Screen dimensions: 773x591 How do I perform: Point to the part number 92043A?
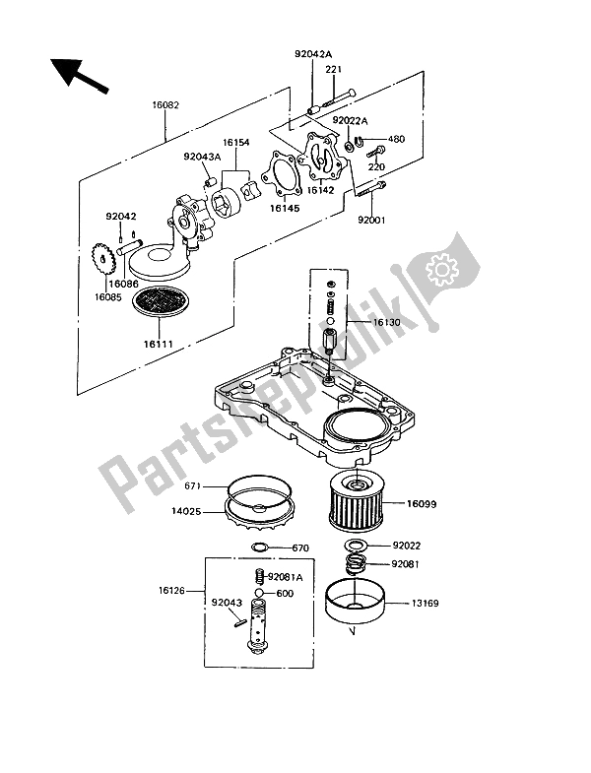[x=202, y=156]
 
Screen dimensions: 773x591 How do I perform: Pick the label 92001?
[x=370, y=221]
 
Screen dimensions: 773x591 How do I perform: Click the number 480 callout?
[x=397, y=139]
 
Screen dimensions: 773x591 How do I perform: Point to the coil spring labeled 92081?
[x=357, y=564]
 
